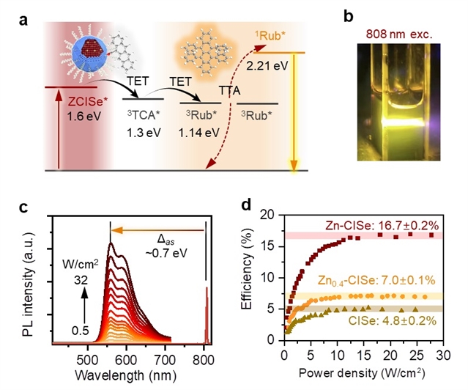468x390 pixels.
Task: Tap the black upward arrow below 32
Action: point(83,301)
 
